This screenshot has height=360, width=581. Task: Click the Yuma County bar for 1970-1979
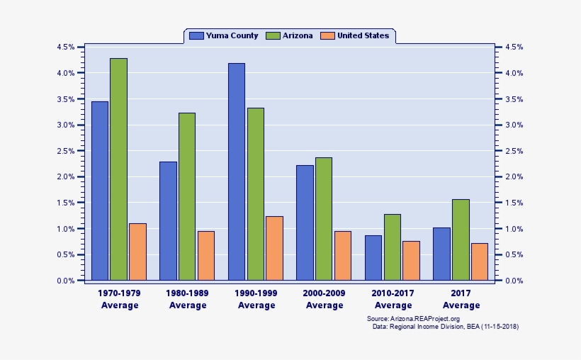point(100,191)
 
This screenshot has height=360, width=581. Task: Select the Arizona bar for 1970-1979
point(118,169)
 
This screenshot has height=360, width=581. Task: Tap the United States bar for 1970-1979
point(137,252)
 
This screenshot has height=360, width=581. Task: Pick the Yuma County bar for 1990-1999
point(237,171)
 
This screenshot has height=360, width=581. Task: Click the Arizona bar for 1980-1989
point(187,196)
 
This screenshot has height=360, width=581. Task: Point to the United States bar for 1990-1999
point(274,248)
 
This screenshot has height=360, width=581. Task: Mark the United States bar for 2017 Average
point(480,261)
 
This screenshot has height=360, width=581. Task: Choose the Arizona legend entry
point(290,35)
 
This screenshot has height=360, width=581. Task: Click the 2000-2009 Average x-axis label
point(325,299)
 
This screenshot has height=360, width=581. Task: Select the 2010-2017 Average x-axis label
point(393,299)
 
